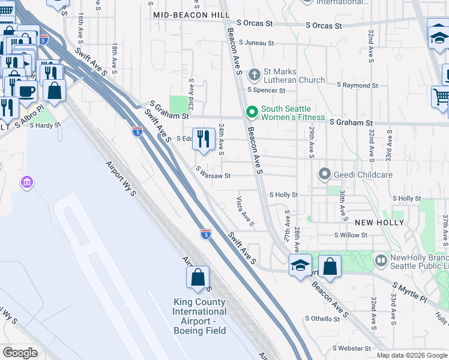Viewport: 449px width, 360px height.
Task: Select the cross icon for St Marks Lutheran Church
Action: tap(254, 75)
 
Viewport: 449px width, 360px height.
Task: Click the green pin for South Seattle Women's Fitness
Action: tap(252, 112)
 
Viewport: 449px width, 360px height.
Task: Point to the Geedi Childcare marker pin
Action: tap(325, 175)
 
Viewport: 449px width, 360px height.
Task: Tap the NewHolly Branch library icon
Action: tap(381, 261)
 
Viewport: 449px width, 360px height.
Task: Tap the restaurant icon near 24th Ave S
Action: tap(203, 139)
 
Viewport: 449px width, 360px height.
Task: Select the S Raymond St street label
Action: tap(357, 86)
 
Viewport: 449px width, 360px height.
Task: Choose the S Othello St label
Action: tap(322, 318)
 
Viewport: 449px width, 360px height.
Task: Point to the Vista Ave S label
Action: tap(245, 212)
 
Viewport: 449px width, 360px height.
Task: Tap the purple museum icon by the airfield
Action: tap(26, 182)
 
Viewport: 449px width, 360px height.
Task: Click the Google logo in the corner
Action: tap(20, 353)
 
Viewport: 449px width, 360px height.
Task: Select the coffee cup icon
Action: tap(26, 91)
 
